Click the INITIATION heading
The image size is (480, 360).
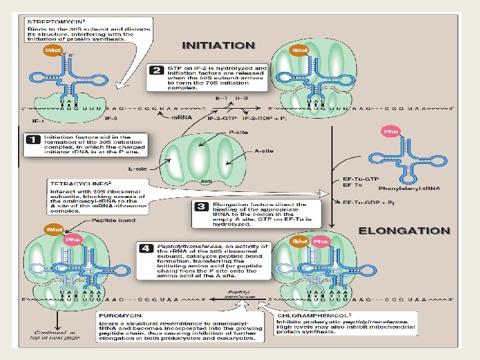pyautogui.click(x=219, y=45)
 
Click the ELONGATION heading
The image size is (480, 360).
pyautogui.click(x=405, y=231)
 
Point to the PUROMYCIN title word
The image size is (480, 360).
pyautogui.click(x=121, y=314)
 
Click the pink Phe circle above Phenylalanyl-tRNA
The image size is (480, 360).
pyautogui.click(x=389, y=131)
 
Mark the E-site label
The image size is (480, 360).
pyautogui.click(x=138, y=169)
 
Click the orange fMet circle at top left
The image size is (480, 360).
pyautogui.click(x=53, y=51)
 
